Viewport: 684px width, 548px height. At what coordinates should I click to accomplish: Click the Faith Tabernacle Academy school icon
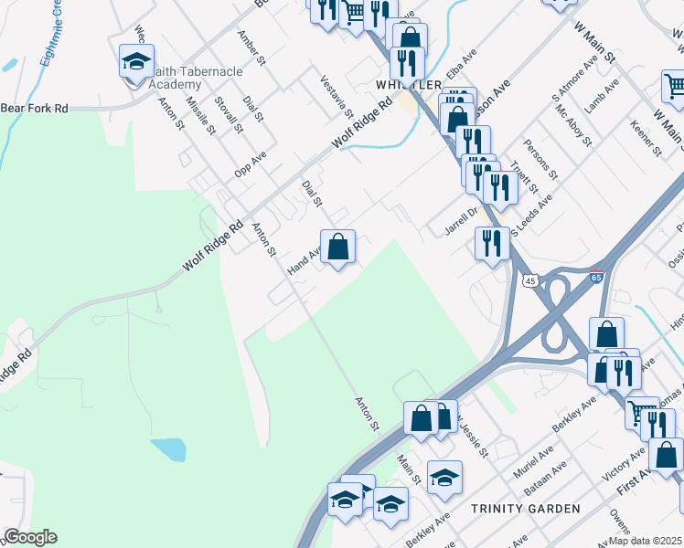136,62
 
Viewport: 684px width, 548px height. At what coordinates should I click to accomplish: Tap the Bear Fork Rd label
35,108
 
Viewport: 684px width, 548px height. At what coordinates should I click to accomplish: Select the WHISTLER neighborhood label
401,84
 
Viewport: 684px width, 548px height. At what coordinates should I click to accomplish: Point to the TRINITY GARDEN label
525,508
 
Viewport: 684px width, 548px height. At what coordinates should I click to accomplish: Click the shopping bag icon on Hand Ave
337,247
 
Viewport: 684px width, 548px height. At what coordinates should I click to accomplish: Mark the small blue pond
168,448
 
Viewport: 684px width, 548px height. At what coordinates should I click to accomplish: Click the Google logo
30,537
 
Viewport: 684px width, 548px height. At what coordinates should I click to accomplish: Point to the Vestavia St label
337,95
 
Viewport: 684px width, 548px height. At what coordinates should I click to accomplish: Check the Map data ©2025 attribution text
646,541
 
